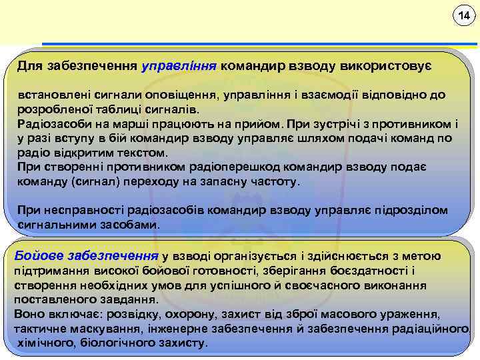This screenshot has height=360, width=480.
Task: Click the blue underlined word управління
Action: (x=179, y=67)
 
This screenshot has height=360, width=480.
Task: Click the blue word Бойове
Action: (x=37, y=255)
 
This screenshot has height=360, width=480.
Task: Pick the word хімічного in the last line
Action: (x=45, y=343)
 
